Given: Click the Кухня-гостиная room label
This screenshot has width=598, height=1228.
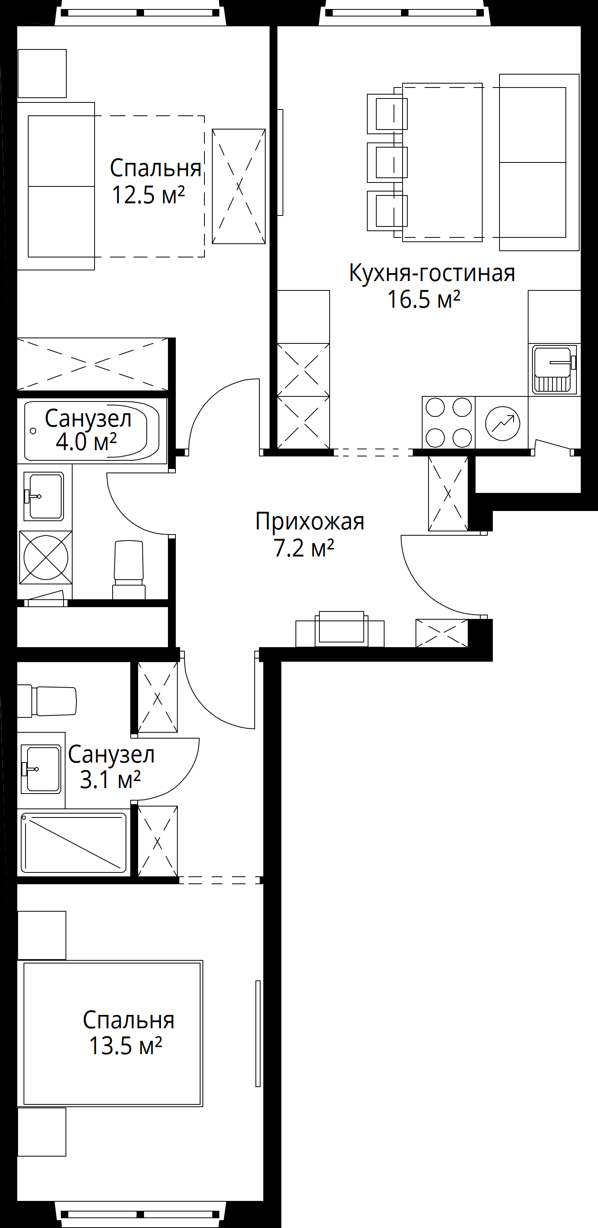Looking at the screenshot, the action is (x=432, y=273).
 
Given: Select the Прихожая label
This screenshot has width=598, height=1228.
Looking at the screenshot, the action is (x=310, y=522).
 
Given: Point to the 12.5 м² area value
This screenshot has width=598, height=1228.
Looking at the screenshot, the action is (x=148, y=195).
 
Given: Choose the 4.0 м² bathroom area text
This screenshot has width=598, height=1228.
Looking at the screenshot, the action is (x=86, y=442).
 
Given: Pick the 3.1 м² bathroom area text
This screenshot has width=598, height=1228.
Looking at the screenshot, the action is (x=110, y=779).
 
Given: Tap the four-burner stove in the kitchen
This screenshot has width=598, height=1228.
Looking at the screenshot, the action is (x=448, y=422).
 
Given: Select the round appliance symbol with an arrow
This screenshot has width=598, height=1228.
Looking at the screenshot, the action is (x=502, y=423).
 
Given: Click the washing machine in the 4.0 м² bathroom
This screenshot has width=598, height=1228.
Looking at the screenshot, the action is (x=46, y=557).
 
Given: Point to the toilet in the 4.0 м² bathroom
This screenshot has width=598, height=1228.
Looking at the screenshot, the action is (x=129, y=569).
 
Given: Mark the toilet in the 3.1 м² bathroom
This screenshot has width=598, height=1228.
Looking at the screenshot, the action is (x=47, y=701).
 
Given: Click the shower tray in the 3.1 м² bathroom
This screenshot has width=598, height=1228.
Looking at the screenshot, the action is (x=74, y=843).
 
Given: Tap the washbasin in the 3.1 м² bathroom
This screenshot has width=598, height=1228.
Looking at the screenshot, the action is (x=41, y=769).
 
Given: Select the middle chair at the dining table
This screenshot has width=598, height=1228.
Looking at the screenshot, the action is (x=387, y=162).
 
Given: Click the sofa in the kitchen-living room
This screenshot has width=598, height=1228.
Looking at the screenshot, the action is (x=539, y=162).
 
